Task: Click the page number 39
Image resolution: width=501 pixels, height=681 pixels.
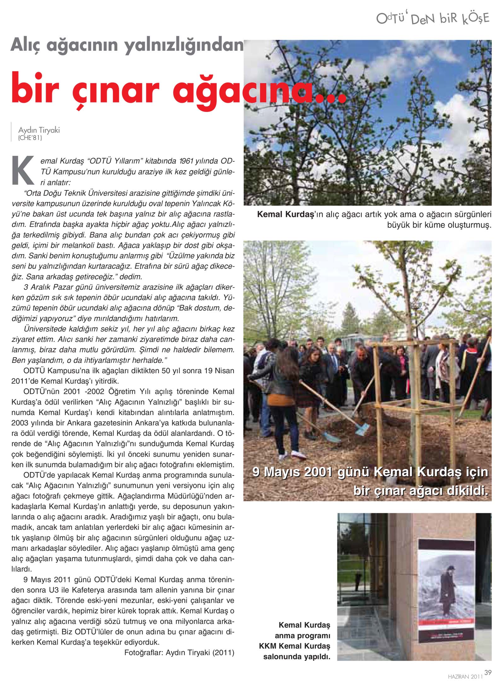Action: [x=488, y=672]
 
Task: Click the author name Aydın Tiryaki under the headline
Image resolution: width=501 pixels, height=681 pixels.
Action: [x=39, y=130]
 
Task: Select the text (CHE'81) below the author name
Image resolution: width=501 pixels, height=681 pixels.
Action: [x=30, y=138]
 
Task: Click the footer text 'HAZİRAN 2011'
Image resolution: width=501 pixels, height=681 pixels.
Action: [x=465, y=676]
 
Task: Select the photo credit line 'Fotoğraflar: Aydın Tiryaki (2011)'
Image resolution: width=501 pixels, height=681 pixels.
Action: [x=179, y=653]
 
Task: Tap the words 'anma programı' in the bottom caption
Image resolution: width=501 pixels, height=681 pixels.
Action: [x=302, y=636]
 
